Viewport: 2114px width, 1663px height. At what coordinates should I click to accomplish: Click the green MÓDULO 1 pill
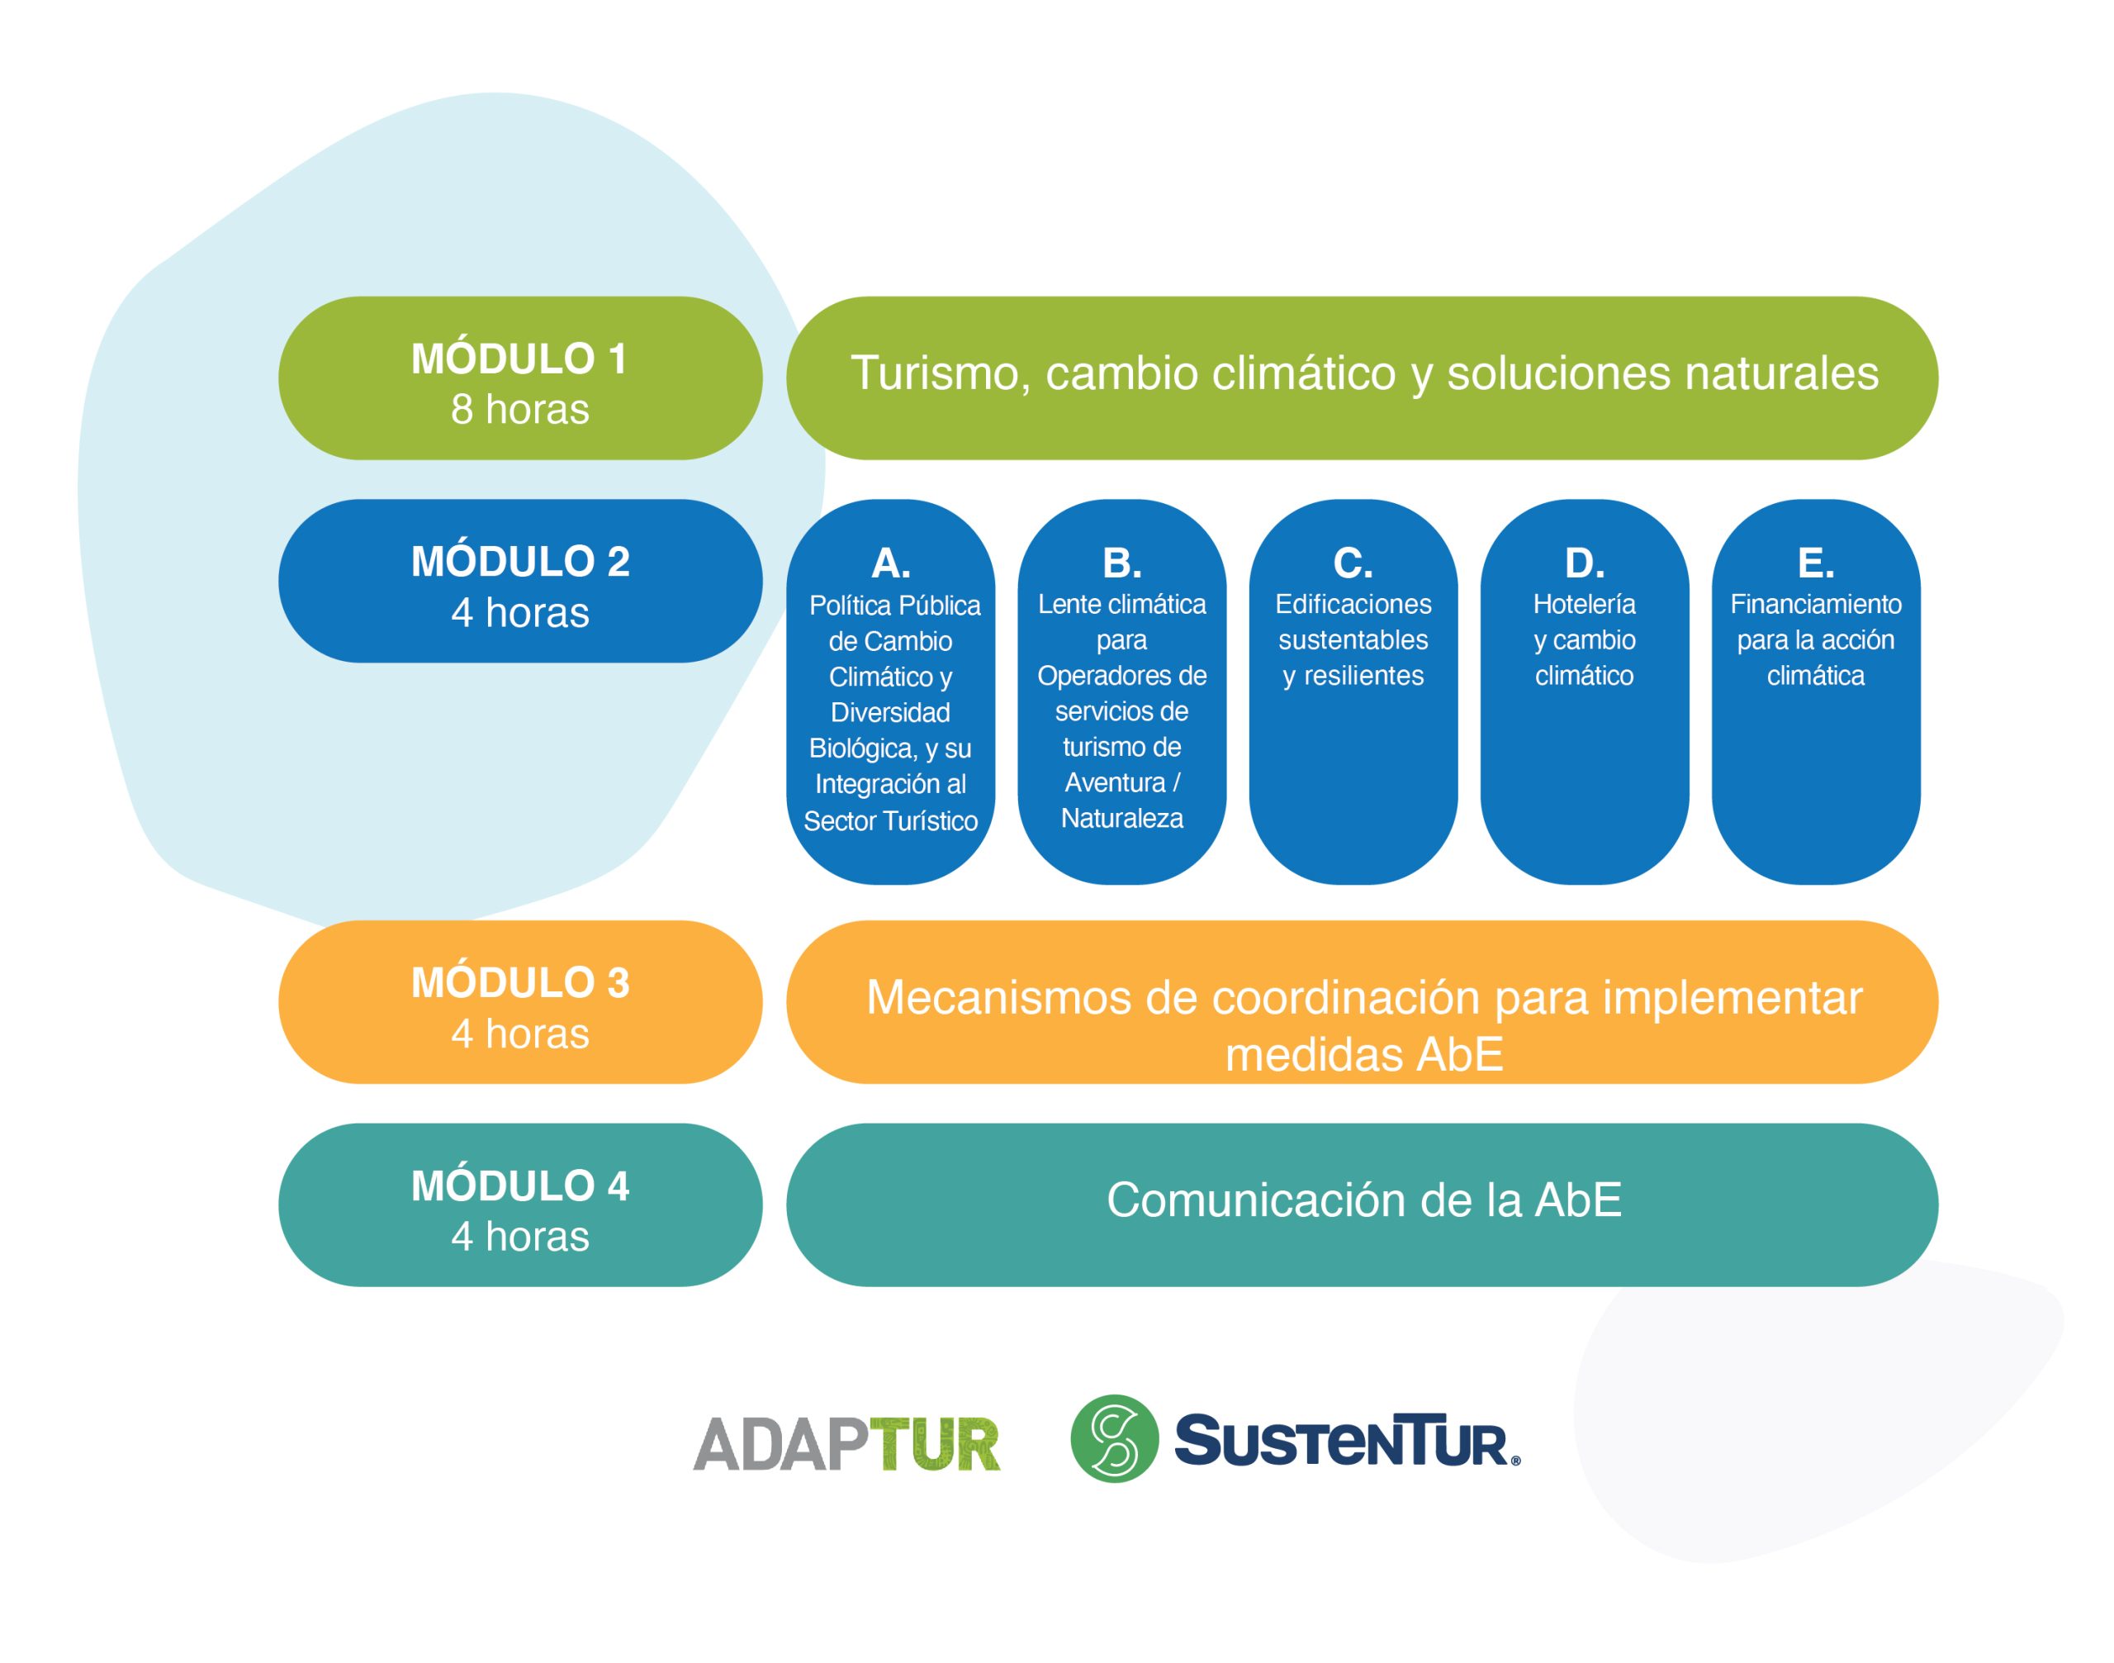[519, 378]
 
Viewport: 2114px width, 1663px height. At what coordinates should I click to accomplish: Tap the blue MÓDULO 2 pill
[519, 582]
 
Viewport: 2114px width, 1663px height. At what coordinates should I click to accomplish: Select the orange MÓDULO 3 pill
[519, 1002]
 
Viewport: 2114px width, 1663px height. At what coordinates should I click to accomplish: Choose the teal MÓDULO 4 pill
[519, 1205]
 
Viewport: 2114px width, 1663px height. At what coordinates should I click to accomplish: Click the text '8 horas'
[519, 410]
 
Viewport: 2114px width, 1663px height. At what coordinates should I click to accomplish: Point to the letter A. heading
[890, 563]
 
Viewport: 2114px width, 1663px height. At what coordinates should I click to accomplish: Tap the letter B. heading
[1121, 563]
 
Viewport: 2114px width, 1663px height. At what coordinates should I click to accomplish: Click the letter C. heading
[1353, 563]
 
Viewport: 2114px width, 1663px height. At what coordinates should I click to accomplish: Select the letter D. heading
[1585, 563]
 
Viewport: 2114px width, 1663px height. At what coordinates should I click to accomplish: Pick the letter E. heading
[1816, 563]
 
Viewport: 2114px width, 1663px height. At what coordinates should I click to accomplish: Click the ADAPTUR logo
[846, 1444]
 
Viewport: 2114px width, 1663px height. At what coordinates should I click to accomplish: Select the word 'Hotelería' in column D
[1585, 605]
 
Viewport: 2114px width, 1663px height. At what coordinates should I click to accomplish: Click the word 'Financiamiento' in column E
[1816, 605]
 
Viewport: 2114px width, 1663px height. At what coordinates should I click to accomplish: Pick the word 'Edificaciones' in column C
[1353, 605]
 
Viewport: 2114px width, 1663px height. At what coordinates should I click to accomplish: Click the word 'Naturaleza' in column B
[1121, 819]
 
